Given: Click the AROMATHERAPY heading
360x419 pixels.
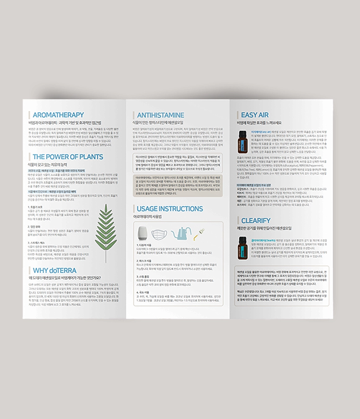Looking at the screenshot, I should click(x=58, y=115).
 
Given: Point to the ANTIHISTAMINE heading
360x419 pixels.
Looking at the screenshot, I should click(x=160, y=115).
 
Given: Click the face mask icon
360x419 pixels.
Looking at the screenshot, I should click(x=159, y=234).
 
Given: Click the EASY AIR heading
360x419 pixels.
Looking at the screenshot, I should click(x=255, y=115).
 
